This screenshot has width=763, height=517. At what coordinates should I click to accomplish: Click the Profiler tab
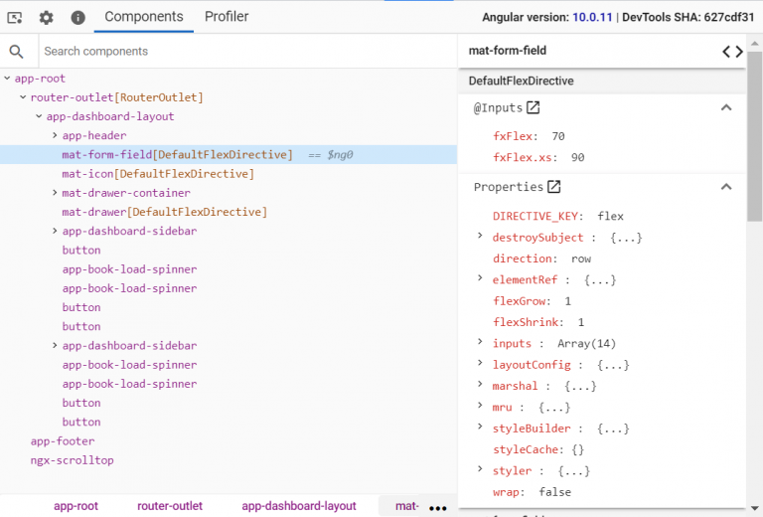(x=227, y=17)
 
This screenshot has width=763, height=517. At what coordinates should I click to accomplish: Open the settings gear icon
(x=47, y=18)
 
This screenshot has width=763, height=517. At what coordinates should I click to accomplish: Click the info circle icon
(x=77, y=18)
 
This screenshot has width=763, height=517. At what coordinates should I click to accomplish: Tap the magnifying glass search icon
(x=16, y=51)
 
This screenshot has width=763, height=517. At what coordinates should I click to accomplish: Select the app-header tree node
(x=94, y=135)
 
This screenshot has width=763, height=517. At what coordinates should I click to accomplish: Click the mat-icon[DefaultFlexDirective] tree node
(x=158, y=174)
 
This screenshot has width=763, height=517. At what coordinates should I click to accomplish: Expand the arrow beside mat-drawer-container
(x=55, y=193)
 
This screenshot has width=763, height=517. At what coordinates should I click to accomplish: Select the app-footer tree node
(x=63, y=441)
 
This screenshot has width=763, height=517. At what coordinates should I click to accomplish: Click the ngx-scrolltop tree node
(x=72, y=460)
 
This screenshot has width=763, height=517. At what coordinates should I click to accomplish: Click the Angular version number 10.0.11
(x=592, y=17)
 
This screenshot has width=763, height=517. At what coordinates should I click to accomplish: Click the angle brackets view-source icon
(x=732, y=51)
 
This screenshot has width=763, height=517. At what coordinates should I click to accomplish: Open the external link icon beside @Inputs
(x=534, y=107)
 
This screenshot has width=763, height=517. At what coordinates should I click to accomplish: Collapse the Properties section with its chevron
(x=726, y=187)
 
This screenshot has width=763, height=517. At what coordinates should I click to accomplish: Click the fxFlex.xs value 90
(x=577, y=157)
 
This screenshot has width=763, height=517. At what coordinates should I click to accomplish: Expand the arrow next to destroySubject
(x=480, y=236)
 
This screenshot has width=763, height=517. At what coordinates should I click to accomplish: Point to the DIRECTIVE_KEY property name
(x=534, y=216)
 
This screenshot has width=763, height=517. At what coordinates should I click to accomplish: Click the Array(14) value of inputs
(x=586, y=344)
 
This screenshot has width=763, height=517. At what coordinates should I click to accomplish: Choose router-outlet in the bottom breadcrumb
(x=170, y=506)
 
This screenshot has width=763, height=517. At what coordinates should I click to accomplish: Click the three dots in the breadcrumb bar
(x=438, y=508)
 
